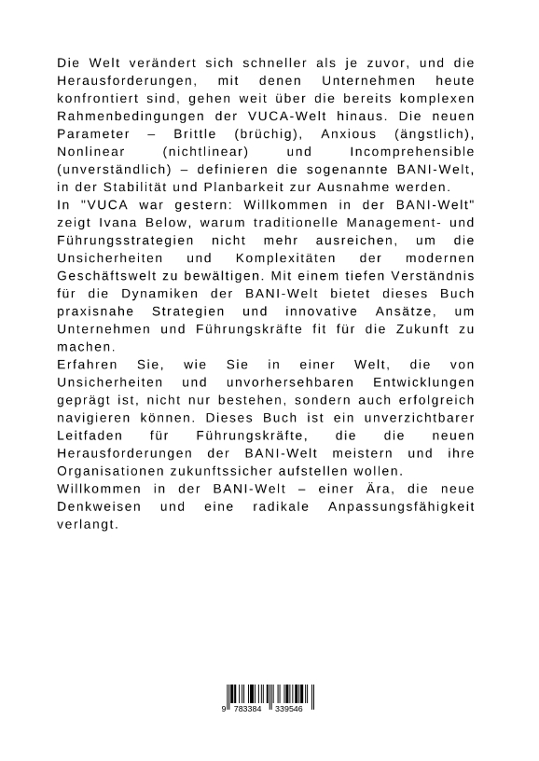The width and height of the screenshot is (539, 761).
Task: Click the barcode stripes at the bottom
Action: click(x=269, y=695)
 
